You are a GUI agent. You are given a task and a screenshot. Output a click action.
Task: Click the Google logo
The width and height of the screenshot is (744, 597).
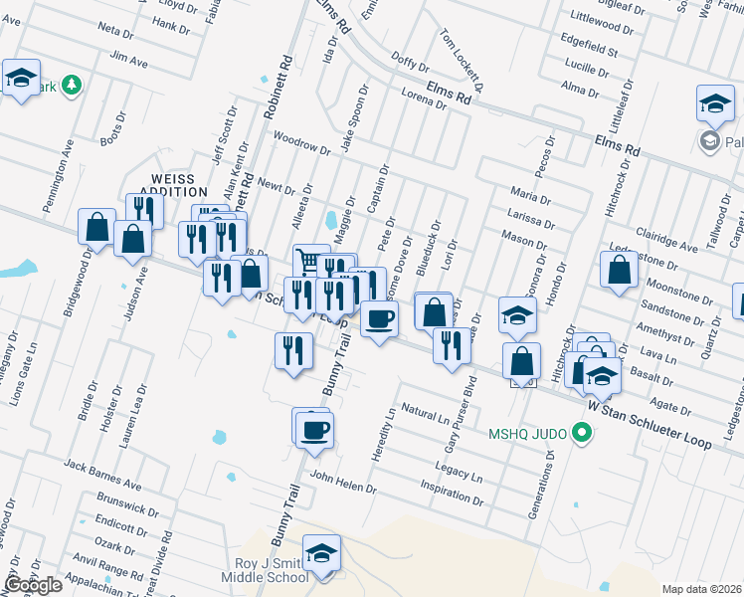coord(33,585)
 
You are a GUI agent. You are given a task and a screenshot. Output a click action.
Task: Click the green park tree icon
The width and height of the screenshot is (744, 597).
coord(71,86)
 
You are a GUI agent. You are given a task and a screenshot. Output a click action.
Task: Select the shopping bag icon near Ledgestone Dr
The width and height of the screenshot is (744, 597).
coord(619,270)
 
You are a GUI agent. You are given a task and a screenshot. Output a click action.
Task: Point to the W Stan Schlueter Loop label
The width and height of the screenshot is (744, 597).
coord(650,421)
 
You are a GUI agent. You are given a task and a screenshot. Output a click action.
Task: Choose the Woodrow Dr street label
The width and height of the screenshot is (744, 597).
coord(300,143)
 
